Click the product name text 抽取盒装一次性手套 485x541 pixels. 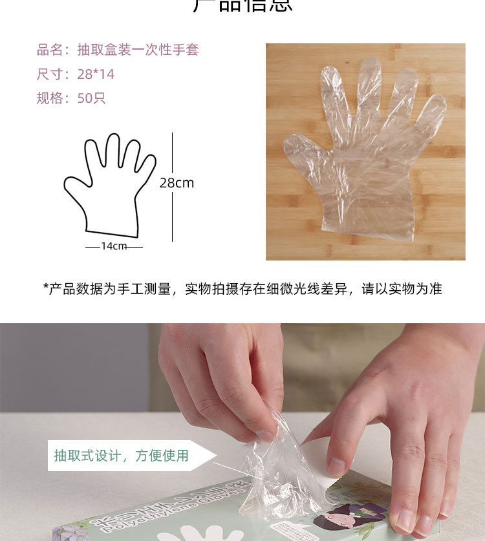pyautogui.click(x=138, y=50)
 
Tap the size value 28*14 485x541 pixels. pyautogui.click(x=96, y=74)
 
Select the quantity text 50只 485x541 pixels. pyautogui.click(x=91, y=98)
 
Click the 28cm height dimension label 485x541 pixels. pyautogui.click(x=177, y=183)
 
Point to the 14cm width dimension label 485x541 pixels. pyautogui.click(x=114, y=246)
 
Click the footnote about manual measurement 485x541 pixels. pyautogui.click(x=242, y=289)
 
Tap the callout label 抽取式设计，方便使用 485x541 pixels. pyautogui.click(x=122, y=456)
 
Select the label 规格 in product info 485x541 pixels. pyautogui.click(x=49, y=98)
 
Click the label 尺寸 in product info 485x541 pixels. pyautogui.click(x=49, y=74)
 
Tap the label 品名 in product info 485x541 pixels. pyautogui.click(x=49, y=50)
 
